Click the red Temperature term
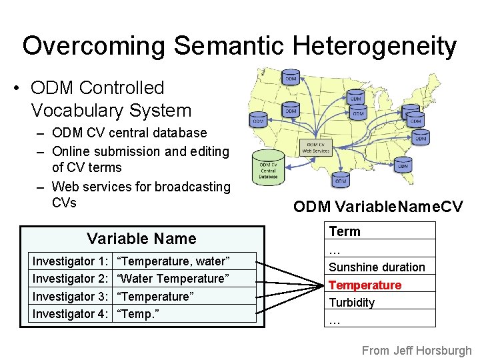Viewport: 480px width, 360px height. tap(365, 285)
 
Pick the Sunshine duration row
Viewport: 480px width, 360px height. tap(377, 267)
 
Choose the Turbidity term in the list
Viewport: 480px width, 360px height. tap(352, 303)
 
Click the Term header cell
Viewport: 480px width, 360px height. tap(345, 231)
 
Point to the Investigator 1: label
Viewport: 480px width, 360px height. tap(71, 261)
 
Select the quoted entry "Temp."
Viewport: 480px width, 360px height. tap(143, 313)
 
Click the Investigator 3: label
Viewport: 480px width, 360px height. tap(71, 296)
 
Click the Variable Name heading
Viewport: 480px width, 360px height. tap(141, 239)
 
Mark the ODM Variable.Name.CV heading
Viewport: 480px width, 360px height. tap(378, 207)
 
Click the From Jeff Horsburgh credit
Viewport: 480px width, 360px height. tap(417, 350)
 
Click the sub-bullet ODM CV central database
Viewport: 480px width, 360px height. tap(129, 133)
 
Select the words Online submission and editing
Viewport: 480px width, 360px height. tap(140, 151)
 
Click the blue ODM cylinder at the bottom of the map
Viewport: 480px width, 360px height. tap(341, 179)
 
